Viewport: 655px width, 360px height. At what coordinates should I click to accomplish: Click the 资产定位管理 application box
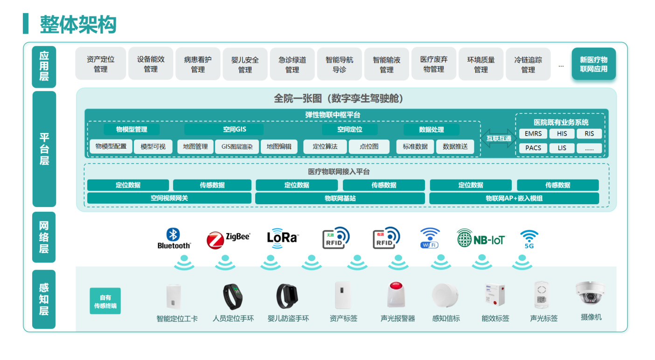coord(101,64)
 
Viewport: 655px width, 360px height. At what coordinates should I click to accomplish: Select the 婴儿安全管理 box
coord(245,64)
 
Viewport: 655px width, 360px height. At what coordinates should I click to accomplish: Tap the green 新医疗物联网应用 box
coord(593,64)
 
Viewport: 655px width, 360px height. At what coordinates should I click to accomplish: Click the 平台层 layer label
coord(44,149)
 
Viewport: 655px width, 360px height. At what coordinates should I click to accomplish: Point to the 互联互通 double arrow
coord(498,138)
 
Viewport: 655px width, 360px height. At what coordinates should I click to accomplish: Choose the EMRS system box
coord(533,134)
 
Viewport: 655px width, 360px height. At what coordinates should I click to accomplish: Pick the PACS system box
coord(533,148)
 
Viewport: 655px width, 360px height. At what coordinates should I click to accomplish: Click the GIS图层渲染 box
coord(237,146)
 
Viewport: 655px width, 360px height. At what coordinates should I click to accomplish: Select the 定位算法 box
coord(325,146)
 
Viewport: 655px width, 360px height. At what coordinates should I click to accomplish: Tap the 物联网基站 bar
coord(340,198)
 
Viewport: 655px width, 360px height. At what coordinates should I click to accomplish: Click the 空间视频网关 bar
coord(169,198)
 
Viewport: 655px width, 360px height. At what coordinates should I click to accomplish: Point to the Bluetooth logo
coord(174,238)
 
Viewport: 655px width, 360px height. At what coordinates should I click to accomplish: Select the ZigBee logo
coord(228,239)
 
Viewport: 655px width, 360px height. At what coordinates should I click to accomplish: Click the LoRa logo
coord(283,236)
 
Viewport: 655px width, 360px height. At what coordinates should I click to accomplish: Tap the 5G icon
coord(529,239)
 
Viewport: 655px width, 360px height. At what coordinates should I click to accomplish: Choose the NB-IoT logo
coord(481,239)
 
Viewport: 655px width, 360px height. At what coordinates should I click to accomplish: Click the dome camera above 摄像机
coord(590,292)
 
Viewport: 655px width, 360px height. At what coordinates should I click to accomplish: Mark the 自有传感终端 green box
coord(105,301)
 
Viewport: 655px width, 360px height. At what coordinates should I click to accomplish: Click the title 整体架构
coord(78,24)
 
